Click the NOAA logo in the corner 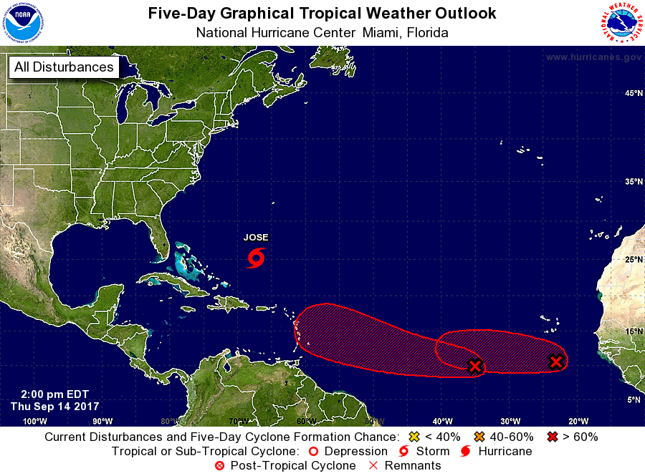click(23, 22)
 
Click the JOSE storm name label click(256, 238)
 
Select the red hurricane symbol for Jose click(256, 257)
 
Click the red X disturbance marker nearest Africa click(555, 362)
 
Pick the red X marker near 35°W click(474, 366)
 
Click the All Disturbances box click(64, 67)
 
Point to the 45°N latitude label click(633, 94)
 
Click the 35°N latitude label click(633, 182)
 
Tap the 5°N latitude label click(634, 400)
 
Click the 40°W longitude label click(441, 421)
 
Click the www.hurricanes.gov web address click(593, 57)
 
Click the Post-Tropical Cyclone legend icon click(220, 466)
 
